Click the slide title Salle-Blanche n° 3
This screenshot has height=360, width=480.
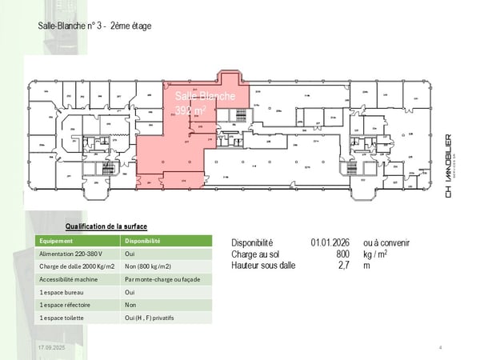click(94, 26)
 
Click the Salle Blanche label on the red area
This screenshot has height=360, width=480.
click(206, 96)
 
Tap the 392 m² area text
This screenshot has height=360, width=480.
click(190, 110)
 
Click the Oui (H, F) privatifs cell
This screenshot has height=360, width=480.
click(150, 318)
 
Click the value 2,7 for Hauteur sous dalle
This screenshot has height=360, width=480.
click(345, 266)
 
